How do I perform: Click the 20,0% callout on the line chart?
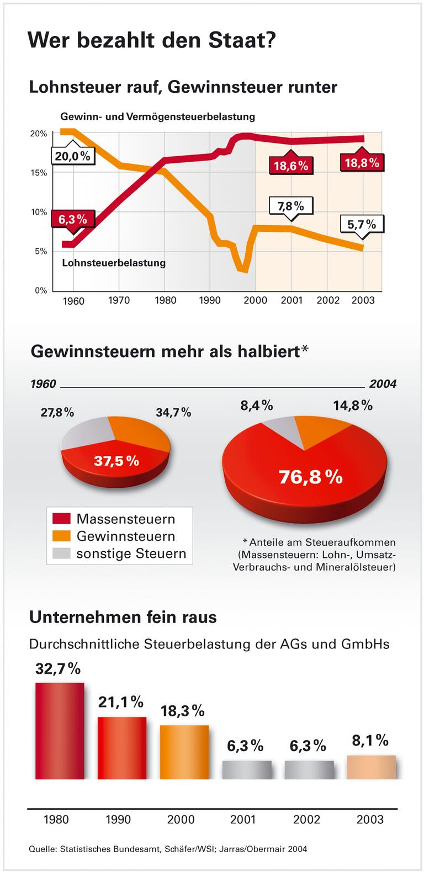(72, 156)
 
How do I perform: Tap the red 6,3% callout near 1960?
(73, 219)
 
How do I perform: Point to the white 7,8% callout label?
(290, 206)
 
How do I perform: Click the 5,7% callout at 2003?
(362, 224)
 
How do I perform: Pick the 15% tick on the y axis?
(38, 173)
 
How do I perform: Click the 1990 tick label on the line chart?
(210, 300)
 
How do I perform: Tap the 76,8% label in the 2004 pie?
(310, 476)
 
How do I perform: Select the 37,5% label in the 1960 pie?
(116, 461)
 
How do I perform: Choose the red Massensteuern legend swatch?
(62, 519)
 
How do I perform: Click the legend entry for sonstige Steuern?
(131, 553)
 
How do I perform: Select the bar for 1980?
(60, 731)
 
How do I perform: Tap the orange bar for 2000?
(184, 752)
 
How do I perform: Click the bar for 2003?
(371, 767)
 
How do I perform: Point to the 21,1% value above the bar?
(121, 702)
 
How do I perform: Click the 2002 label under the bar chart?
(306, 819)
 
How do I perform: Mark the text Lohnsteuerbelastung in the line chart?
(114, 263)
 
